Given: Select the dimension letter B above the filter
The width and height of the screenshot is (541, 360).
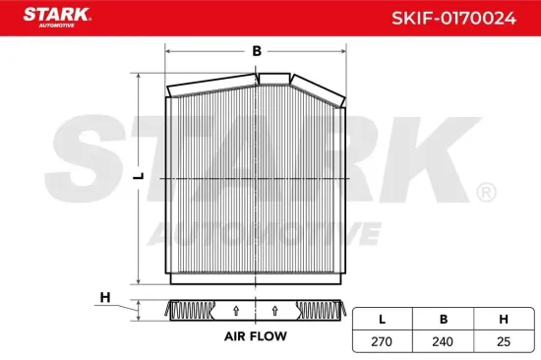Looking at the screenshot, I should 256,49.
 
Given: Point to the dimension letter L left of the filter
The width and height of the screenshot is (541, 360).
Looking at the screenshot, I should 140,175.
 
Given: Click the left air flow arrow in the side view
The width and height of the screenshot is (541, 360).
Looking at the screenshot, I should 235,311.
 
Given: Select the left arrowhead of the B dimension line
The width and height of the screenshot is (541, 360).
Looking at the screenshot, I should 168,49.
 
